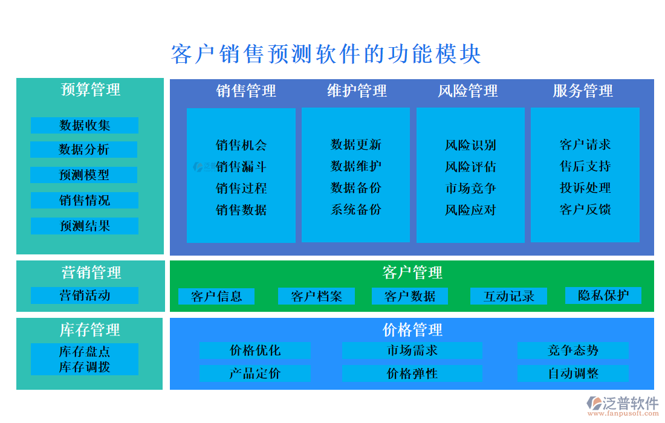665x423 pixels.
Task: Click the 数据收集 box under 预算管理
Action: (x=85, y=125)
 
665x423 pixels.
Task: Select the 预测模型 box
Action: (x=84, y=175)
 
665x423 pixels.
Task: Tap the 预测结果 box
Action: (x=85, y=226)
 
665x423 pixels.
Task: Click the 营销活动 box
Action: (x=85, y=295)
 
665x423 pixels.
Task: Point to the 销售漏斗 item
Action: (x=241, y=167)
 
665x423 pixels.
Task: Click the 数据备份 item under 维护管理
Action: (x=356, y=188)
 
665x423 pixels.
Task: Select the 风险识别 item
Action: (x=470, y=145)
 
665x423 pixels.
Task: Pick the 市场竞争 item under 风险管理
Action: (x=470, y=188)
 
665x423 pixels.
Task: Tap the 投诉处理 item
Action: (x=585, y=188)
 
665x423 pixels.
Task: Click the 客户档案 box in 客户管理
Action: (x=316, y=296)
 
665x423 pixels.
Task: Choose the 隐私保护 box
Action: (x=603, y=295)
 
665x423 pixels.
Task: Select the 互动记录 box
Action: (x=509, y=296)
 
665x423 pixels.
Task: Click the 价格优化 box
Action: (x=255, y=350)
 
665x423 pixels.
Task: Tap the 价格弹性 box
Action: (x=412, y=373)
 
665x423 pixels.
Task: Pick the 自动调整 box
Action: (x=573, y=373)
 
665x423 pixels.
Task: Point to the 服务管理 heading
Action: (x=583, y=91)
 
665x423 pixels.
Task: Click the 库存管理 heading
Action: (x=90, y=330)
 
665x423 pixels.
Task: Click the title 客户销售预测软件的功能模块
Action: (x=326, y=54)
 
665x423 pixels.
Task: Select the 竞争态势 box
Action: (x=573, y=350)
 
